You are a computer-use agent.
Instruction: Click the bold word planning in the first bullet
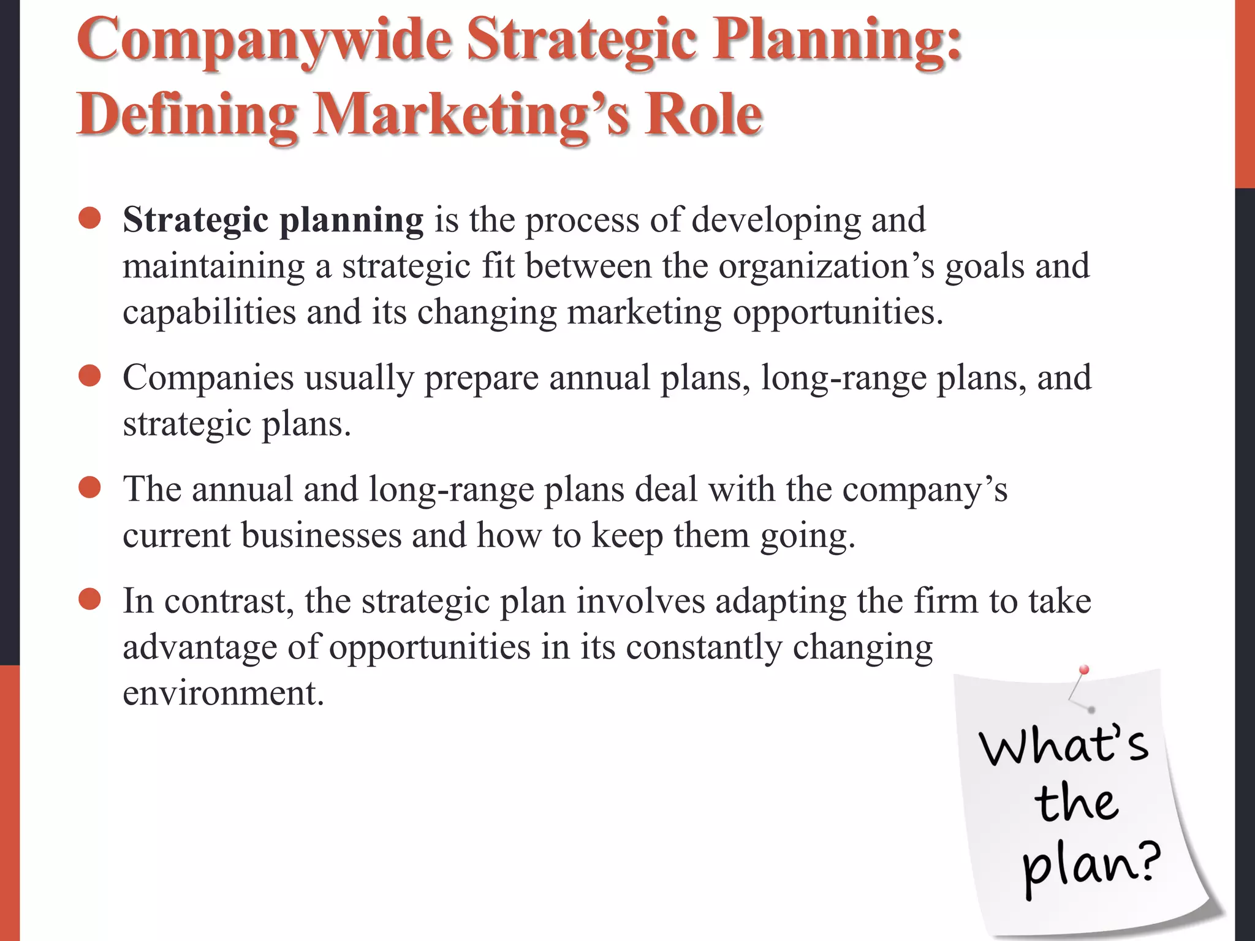(x=351, y=221)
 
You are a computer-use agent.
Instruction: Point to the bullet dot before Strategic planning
(x=89, y=218)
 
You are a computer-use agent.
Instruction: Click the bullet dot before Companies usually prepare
(x=89, y=376)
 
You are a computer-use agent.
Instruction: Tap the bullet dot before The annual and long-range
(x=89, y=488)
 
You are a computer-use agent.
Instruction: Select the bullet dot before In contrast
(x=89, y=600)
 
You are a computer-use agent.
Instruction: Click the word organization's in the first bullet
(x=827, y=267)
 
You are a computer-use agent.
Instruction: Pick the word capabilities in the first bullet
(x=209, y=312)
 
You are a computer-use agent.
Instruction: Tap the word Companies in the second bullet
(x=208, y=378)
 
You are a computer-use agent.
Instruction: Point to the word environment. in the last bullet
(x=223, y=693)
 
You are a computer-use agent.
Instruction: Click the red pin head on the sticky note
(x=1083, y=670)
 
